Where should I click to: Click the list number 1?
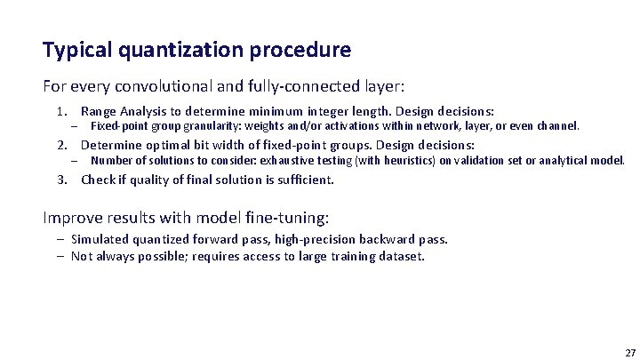(x=60, y=112)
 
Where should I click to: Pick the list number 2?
(x=60, y=145)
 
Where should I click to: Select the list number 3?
(x=60, y=180)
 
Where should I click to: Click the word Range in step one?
(x=98, y=112)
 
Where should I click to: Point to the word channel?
(x=557, y=126)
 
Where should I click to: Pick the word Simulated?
(x=100, y=239)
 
